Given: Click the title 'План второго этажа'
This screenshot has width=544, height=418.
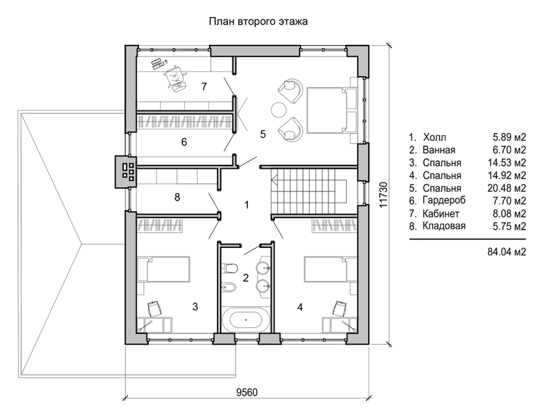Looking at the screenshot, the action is point(258,21).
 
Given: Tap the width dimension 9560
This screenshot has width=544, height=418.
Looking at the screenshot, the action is point(247,392).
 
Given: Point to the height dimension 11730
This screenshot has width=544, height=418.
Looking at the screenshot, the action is point(383,195).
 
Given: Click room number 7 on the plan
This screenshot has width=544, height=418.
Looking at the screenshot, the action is point(204,86).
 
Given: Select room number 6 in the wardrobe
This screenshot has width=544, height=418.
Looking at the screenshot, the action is point(184,141).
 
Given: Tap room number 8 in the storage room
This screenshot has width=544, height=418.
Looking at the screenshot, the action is point(177,197).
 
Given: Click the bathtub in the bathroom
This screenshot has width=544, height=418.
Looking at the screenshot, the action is point(246,319).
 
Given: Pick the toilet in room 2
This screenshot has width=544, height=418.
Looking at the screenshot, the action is point(229,268).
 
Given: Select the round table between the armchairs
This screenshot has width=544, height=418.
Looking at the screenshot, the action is point(278,110).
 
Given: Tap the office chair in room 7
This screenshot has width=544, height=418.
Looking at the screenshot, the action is point(176,77).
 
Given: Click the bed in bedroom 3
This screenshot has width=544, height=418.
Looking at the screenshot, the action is point(164,269).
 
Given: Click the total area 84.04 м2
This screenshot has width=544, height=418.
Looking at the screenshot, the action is point(507,251).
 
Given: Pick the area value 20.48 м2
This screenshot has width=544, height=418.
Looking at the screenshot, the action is point(507,188).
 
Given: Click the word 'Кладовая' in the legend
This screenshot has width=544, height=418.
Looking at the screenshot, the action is point(444,226).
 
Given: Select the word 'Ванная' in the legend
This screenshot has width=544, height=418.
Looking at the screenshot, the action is point(439,150).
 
